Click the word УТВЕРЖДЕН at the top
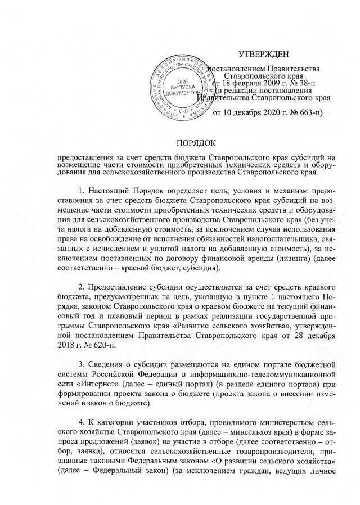click(x=263, y=54)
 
